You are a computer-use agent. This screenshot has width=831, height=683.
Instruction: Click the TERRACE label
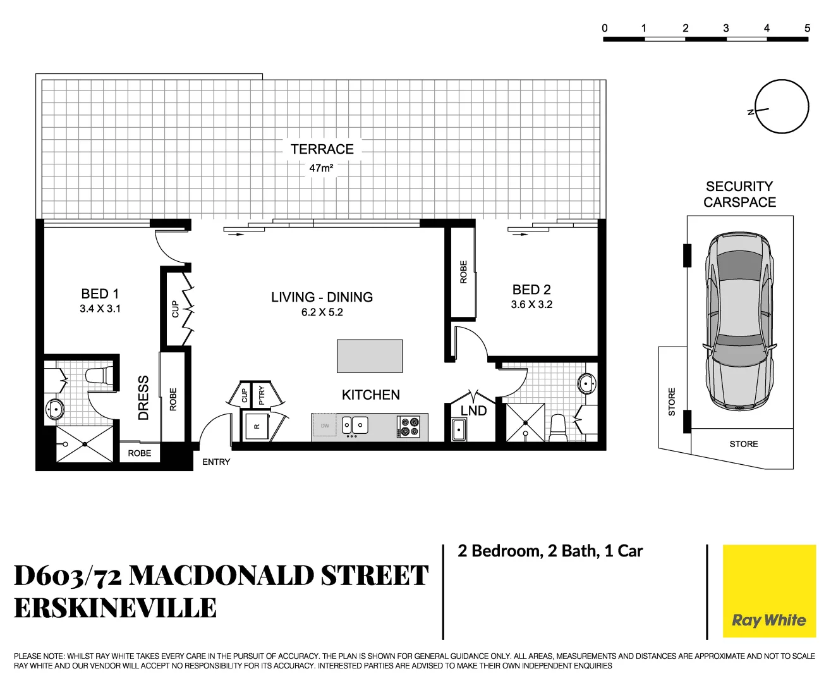tap(322, 149)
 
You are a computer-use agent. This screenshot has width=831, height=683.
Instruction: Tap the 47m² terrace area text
tap(321, 168)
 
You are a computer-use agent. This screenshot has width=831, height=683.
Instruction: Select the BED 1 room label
tap(100, 294)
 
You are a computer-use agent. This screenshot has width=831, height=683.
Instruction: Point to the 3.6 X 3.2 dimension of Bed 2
tap(531, 305)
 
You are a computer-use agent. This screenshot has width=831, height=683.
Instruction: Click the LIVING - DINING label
tap(322, 297)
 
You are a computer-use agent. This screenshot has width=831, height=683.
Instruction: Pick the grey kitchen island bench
tap(370, 356)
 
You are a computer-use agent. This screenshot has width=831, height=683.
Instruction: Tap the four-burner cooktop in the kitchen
tap(409, 427)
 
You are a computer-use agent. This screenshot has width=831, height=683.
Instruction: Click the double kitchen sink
tap(355, 425)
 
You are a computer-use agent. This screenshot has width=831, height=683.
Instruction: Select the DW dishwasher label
tap(325, 426)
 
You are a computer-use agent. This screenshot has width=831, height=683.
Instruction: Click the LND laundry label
tap(473, 411)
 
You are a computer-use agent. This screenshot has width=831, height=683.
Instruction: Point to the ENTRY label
tap(216, 462)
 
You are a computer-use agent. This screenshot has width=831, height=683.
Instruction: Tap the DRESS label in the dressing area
tap(143, 398)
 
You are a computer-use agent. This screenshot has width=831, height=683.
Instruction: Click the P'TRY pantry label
tap(262, 395)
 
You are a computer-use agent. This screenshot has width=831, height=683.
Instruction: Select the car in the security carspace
tap(739, 321)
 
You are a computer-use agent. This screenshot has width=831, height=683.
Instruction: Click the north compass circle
tap(782, 107)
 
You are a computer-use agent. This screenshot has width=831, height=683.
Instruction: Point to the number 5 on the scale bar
tap(807, 28)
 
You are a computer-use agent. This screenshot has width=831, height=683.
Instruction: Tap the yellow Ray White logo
tap(769, 591)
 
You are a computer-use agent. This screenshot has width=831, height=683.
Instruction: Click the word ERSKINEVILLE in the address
tap(115, 608)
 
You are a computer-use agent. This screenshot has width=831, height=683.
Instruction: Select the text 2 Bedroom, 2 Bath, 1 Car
tap(550, 551)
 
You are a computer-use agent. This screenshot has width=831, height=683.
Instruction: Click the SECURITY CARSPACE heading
tap(739, 195)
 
